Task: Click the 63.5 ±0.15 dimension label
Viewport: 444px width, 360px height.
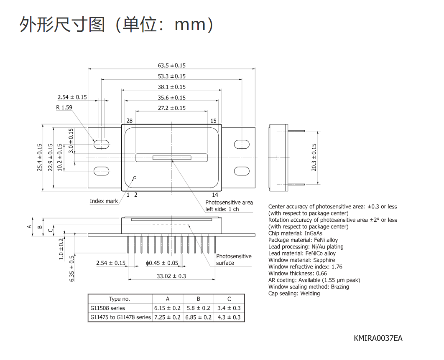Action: (171, 65)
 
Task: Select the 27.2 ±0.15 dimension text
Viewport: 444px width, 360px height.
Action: (171, 108)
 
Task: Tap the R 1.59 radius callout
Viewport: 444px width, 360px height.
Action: (64, 107)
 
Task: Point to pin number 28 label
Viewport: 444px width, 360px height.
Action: (130, 121)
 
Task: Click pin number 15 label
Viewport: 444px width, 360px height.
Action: (213, 121)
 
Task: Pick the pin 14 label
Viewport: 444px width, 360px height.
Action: (215, 195)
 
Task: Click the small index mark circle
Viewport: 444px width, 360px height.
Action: (135, 177)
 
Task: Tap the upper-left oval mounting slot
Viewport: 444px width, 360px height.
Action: (101, 144)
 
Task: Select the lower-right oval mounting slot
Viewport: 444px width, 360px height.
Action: (242, 171)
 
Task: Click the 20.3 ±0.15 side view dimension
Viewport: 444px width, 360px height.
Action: (314, 157)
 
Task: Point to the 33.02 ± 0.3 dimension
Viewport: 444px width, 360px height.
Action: (171, 276)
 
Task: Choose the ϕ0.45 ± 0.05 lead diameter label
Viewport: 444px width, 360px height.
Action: (162, 263)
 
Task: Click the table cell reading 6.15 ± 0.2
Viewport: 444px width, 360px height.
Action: (167, 308)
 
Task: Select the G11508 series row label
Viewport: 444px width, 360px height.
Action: (107, 308)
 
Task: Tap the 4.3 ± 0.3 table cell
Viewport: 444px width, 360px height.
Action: (229, 317)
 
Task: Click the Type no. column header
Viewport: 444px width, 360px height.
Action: (120, 299)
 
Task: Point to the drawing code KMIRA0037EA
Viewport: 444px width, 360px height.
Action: (378, 338)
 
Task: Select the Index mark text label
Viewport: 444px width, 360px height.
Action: (104, 201)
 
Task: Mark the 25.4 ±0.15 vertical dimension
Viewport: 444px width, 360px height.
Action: (40, 157)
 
